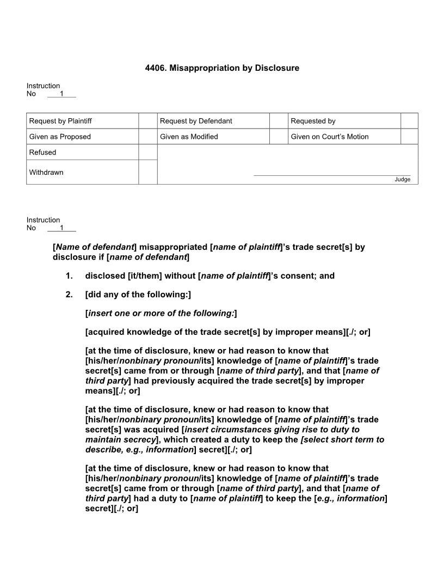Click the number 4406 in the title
click(155, 68)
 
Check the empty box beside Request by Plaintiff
click(147, 121)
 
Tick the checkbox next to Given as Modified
click(279, 137)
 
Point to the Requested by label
click(313, 121)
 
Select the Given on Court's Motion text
click(329, 137)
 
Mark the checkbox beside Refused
click(147, 152)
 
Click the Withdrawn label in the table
click(46, 172)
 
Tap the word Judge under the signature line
click(403, 180)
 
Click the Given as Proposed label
click(60, 137)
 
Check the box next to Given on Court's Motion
click(409, 137)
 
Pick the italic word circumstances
click(234, 430)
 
